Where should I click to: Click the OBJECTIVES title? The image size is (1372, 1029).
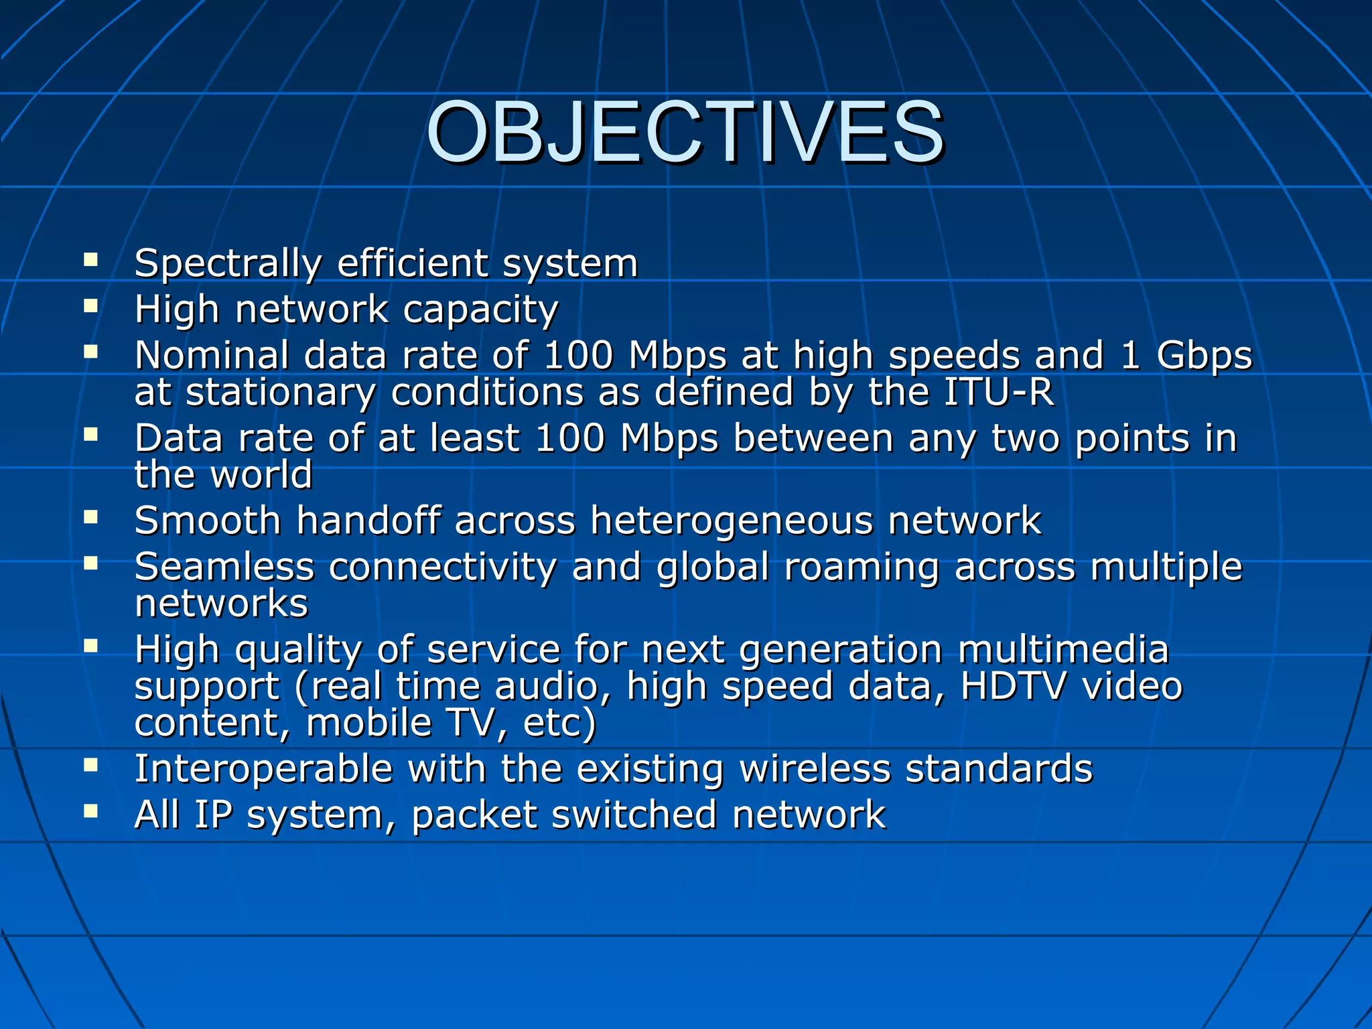pos(685,132)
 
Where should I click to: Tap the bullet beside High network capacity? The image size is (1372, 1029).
pos(91,306)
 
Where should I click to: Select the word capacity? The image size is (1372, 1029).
pos(480,311)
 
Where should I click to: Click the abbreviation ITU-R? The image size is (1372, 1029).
pos(998,392)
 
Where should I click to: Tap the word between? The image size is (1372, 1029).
pos(813,439)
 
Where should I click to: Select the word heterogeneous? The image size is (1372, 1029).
pos(732,521)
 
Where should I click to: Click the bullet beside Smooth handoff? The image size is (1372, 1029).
pos(91,517)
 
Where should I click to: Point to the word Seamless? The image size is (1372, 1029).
pos(224,567)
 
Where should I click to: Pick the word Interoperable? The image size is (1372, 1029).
pos(263,769)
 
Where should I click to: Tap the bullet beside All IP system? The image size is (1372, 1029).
pos(91,811)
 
